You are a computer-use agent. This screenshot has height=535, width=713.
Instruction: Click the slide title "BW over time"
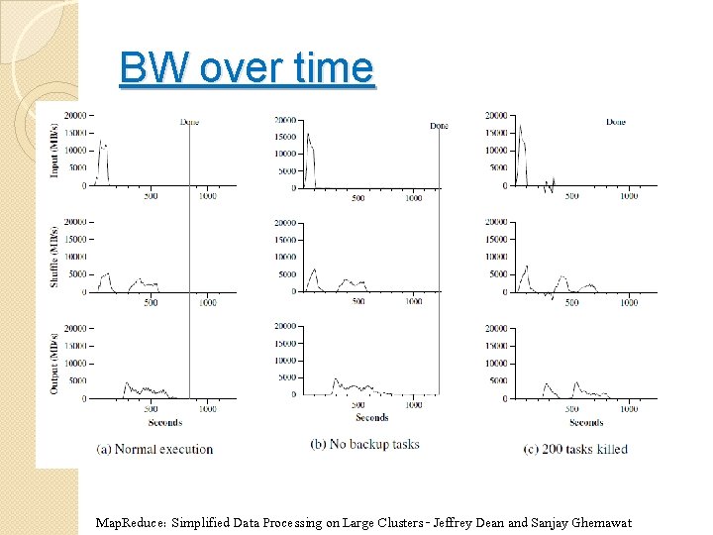coord(246,69)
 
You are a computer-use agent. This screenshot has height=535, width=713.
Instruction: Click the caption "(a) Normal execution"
coord(154,449)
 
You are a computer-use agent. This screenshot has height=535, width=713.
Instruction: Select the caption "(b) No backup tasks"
coord(364,444)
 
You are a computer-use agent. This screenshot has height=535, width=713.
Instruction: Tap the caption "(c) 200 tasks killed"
coord(575,449)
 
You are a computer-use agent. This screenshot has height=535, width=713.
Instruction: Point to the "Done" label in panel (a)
coord(189,122)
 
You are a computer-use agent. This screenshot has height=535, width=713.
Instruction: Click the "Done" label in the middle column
coord(439,126)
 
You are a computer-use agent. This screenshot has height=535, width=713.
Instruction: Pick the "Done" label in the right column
coord(615,122)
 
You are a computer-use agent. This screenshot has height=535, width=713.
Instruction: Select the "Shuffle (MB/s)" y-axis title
coord(54,256)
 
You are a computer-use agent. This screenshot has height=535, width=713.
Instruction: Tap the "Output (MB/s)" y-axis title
coord(54,361)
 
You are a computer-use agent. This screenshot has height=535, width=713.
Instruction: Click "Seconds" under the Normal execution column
coord(164,423)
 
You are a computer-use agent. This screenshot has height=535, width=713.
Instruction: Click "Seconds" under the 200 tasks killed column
coord(586,423)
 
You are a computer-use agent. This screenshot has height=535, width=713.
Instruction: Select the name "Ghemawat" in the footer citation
coord(599,523)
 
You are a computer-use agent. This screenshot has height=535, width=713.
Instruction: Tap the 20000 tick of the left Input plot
coord(76,115)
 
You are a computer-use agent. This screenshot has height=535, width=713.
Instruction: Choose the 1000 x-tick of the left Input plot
coord(207,196)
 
